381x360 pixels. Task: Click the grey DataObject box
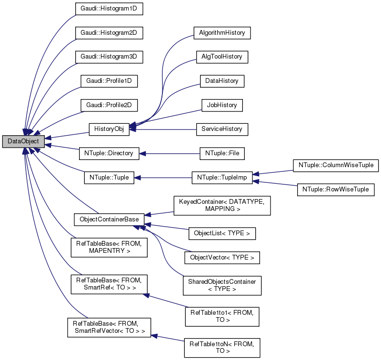(x=23, y=141)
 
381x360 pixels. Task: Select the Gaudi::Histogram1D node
(x=109, y=9)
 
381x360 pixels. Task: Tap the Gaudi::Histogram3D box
(x=109, y=57)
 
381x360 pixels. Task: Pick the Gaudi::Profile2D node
(x=109, y=105)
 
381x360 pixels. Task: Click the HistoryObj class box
(x=109, y=129)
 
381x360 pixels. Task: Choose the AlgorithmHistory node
(x=222, y=33)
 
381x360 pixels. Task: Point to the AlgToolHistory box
(x=222, y=57)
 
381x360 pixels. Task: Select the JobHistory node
(x=222, y=105)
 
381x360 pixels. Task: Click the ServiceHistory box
(x=222, y=129)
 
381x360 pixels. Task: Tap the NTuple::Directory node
(x=109, y=153)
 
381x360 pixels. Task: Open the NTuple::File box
(x=222, y=153)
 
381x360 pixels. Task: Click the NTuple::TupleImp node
(x=222, y=178)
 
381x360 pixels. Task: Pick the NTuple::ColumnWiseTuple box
(x=336, y=165)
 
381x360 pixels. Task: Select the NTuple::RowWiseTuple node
(x=336, y=190)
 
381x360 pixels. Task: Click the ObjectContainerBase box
(x=109, y=220)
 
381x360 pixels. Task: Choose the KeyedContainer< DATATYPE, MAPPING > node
(x=222, y=205)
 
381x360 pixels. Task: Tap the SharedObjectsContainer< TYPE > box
(x=222, y=285)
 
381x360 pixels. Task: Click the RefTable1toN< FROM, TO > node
(x=222, y=347)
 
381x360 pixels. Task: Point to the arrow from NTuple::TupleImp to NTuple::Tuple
(x=162, y=178)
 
